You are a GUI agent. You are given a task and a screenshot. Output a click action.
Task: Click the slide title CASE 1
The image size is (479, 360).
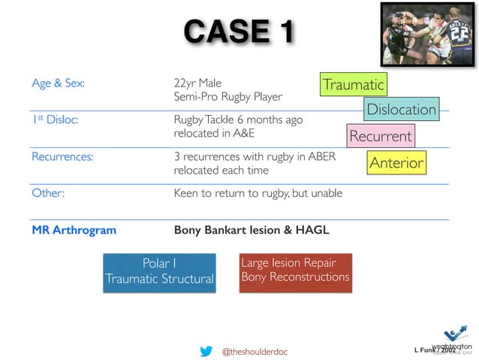239,32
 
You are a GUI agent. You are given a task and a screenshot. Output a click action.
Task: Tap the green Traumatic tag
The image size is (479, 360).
353,85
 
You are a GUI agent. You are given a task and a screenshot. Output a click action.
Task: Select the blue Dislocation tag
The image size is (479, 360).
400,110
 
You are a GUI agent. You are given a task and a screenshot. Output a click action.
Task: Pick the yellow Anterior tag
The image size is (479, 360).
396,163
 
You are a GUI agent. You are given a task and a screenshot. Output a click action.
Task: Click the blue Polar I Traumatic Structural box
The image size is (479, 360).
159,271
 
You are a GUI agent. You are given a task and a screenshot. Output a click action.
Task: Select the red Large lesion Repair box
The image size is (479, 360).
294,271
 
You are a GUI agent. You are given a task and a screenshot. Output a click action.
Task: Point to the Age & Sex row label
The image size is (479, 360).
58,83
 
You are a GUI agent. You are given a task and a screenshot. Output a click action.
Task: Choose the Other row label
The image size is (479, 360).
48,193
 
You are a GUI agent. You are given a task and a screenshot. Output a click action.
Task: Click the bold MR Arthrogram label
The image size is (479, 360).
74,230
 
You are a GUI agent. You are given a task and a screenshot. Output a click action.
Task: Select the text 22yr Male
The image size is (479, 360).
197,83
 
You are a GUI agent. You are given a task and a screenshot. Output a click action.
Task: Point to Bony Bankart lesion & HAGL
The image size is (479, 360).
251,230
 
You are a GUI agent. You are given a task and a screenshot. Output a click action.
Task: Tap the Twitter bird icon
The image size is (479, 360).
206,350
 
